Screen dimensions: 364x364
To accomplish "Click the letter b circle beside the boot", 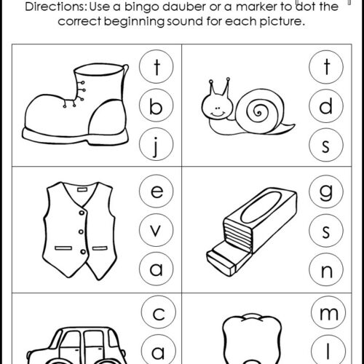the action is tap(157, 106).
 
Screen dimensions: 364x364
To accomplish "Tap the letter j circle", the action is tap(157, 144).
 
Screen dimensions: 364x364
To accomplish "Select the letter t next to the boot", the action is tap(157, 66).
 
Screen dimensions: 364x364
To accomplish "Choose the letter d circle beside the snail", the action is tap(326, 106).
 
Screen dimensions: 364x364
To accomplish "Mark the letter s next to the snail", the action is tap(326, 145).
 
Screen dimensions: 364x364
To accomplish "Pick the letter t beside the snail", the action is tap(326, 67).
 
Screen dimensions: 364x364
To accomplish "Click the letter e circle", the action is tap(157, 191).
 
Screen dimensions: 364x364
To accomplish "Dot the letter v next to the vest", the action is tap(157, 230).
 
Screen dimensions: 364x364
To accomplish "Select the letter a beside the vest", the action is tap(157, 269).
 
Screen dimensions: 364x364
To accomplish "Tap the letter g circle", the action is tap(326, 191).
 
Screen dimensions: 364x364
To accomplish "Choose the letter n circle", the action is tap(326, 270).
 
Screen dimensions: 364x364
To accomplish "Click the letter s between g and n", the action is tap(326, 231).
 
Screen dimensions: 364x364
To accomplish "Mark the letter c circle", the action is tap(159, 312).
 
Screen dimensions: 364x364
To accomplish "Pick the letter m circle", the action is tap(328, 313).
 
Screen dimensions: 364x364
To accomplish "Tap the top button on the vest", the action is tap(82, 213).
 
